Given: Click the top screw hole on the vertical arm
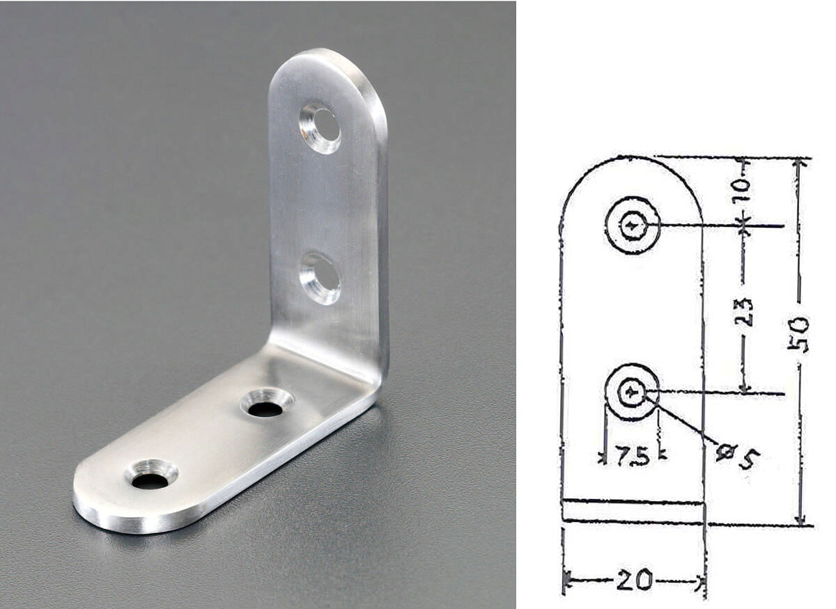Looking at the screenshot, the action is (x=320, y=127).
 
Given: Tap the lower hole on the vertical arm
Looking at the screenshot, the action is (x=320, y=278).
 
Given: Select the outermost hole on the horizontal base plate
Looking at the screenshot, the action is (x=151, y=474).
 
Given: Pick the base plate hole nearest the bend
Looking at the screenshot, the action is (x=266, y=403).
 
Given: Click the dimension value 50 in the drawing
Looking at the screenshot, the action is (x=798, y=333).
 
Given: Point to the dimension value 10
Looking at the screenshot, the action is (x=743, y=190).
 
